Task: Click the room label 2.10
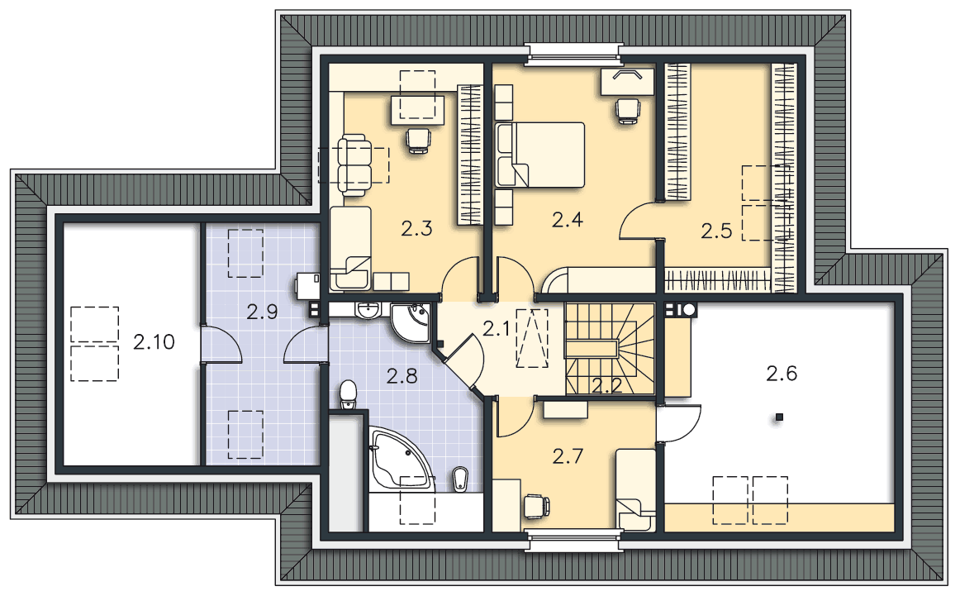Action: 154,341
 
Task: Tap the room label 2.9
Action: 262,312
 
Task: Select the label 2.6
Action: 782,373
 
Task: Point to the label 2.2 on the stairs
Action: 606,385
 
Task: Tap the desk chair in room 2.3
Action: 419,141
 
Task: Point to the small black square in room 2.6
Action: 779,417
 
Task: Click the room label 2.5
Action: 716,231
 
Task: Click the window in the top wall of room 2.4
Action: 573,54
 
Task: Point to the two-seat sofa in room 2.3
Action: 353,165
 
